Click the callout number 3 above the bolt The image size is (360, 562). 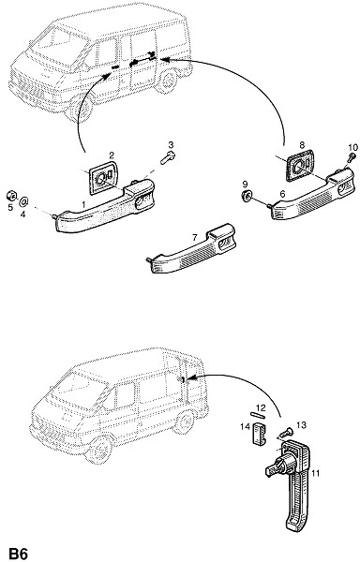(x=171, y=145)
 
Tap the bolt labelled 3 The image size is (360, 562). (x=168, y=158)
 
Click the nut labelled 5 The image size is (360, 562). (x=10, y=196)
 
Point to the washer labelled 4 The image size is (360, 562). (x=24, y=201)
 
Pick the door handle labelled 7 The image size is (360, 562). (x=192, y=249)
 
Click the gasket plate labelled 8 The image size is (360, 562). (x=300, y=166)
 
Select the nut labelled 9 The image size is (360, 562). (x=246, y=196)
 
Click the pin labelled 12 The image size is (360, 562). (x=258, y=415)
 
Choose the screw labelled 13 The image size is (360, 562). (x=285, y=433)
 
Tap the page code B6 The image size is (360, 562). (x=19, y=554)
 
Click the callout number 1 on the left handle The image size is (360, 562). (x=83, y=204)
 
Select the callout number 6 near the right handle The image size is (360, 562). (x=282, y=194)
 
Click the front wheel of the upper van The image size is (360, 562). (x=80, y=109)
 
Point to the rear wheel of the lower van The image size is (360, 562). (x=187, y=422)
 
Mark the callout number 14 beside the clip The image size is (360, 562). (x=246, y=426)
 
